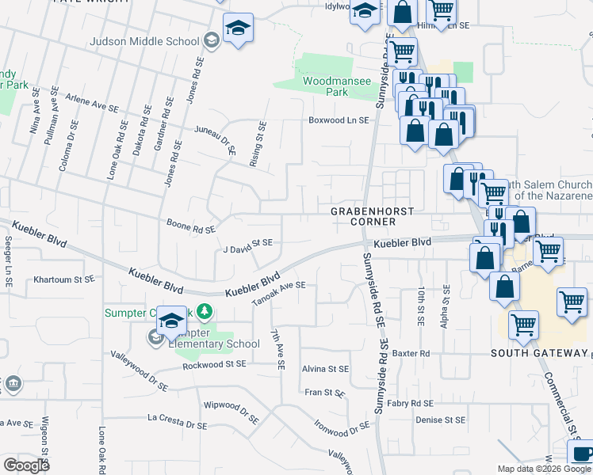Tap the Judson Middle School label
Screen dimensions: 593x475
(144, 41)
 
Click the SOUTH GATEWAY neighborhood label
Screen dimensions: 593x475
(537, 352)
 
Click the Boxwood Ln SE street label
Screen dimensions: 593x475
(339, 120)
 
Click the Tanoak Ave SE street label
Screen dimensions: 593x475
(278, 294)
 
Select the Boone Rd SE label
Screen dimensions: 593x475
(191, 226)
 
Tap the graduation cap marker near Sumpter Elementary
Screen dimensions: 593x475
(171, 320)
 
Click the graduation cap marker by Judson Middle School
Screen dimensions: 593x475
(238, 28)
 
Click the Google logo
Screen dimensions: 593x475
(27, 465)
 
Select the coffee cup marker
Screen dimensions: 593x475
(582, 454)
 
